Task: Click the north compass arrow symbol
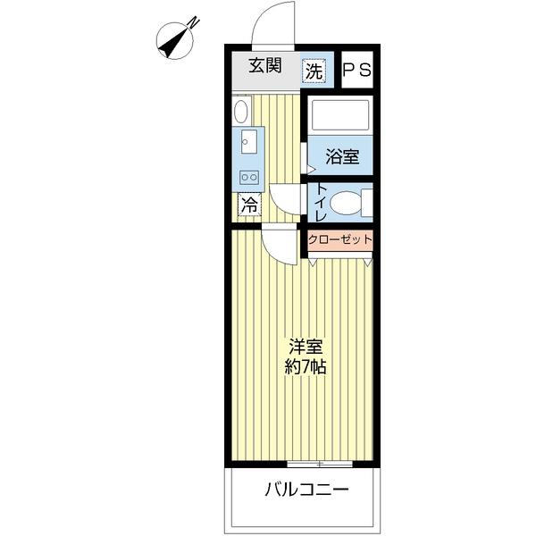tap(177, 38)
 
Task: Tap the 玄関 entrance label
tap(265, 67)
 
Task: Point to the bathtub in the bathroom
tap(339, 116)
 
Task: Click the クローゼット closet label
tap(339, 239)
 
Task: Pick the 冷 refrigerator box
tap(249, 204)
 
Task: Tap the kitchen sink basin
tap(247, 141)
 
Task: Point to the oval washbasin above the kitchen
tap(240, 111)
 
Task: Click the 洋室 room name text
tap(305, 346)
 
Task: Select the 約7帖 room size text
tap(305, 365)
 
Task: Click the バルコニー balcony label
tap(305, 490)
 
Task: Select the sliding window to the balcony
tap(319, 464)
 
